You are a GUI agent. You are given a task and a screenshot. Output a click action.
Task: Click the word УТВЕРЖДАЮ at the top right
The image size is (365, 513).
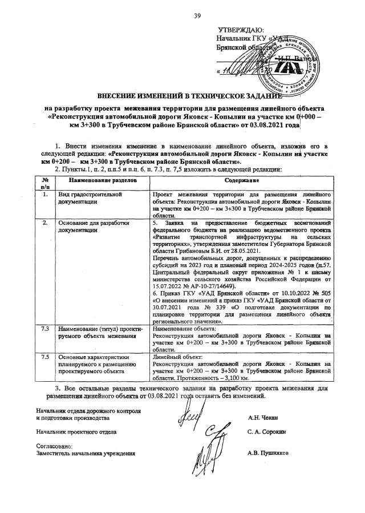[x=241, y=30]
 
